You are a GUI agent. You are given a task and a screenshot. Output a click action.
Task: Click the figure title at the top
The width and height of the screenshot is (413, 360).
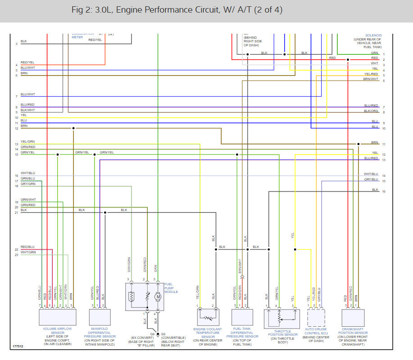[x=177, y=10]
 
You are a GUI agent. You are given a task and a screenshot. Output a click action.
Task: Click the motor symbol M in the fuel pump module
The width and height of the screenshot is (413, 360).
[x=158, y=296]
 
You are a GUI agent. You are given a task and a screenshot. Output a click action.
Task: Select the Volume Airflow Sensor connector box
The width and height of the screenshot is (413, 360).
[x=57, y=317]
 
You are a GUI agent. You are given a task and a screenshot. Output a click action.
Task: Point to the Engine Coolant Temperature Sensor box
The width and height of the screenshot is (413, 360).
[x=208, y=317]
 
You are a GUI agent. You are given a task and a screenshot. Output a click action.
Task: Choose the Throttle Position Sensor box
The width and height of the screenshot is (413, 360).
[x=282, y=319]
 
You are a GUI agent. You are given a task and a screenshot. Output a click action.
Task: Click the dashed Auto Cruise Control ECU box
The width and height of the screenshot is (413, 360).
[x=316, y=317]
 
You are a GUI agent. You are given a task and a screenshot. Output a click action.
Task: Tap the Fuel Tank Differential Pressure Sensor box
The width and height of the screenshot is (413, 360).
[x=242, y=317]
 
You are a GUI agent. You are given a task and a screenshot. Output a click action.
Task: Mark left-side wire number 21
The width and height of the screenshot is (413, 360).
[x=16, y=212]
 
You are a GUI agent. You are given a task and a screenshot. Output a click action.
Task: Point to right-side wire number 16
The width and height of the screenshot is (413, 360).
[x=384, y=192]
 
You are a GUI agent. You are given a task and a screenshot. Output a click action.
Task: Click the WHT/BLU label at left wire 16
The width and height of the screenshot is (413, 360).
[x=27, y=173]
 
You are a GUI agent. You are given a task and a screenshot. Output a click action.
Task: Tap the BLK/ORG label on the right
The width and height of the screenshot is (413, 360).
[x=371, y=111]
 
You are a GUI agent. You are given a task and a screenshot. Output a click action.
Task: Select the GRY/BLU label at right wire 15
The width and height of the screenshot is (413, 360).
[x=371, y=180]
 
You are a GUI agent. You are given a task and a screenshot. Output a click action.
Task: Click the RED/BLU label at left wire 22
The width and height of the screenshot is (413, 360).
[x=27, y=247]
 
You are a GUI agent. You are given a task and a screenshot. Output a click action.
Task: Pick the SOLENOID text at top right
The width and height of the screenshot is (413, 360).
[x=373, y=35]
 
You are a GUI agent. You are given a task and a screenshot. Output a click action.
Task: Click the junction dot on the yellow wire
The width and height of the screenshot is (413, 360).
[x=295, y=249]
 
